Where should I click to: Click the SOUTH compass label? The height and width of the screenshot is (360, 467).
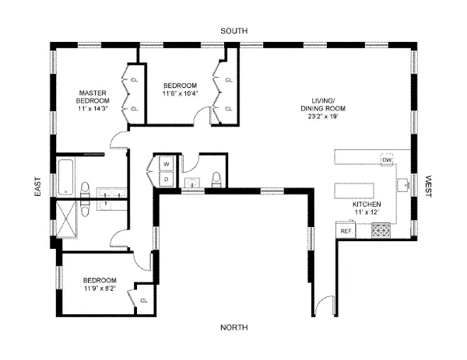[233, 30]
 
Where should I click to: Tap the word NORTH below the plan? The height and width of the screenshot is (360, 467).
[233, 327]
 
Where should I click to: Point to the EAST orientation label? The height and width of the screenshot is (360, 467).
[37, 195]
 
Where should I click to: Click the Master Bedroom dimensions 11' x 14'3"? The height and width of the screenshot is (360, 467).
[93, 109]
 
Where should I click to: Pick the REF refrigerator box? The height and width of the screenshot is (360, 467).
[346, 231]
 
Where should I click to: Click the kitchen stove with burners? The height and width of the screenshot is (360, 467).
[382, 230]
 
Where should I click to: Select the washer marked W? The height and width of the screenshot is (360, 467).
[166, 164]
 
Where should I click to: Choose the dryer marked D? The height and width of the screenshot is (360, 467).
[166, 178]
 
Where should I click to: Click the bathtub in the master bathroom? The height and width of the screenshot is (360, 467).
[65, 176]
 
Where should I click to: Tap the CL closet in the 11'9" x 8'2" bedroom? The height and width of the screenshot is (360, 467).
[143, 299]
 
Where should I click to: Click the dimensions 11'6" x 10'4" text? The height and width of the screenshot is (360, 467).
[180, 93]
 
